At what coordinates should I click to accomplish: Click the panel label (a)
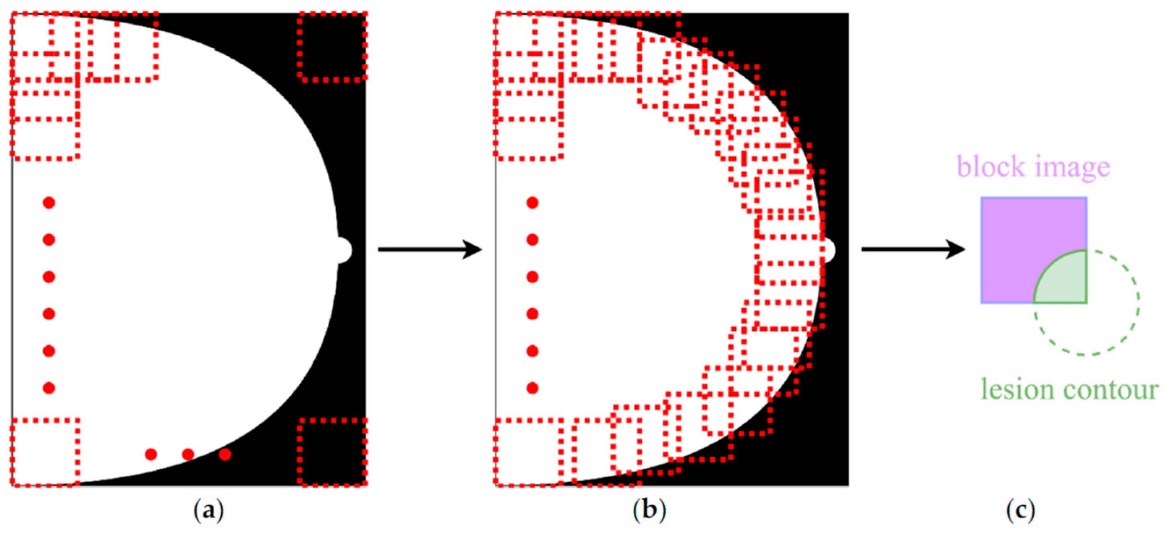pos(208,511)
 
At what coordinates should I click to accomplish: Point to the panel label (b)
pos(649,511)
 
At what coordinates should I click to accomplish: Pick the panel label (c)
pos(1020,511)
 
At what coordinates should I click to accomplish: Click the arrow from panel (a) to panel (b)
pos(429,249)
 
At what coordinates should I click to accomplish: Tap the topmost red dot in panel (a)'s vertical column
pos(49,203)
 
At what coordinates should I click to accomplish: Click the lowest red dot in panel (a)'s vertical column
pos(49,388)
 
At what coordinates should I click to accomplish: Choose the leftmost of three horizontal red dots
pos(151,454)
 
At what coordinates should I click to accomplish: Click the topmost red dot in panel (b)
pos(532,203)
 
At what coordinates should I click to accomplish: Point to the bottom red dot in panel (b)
pos(532,388)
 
